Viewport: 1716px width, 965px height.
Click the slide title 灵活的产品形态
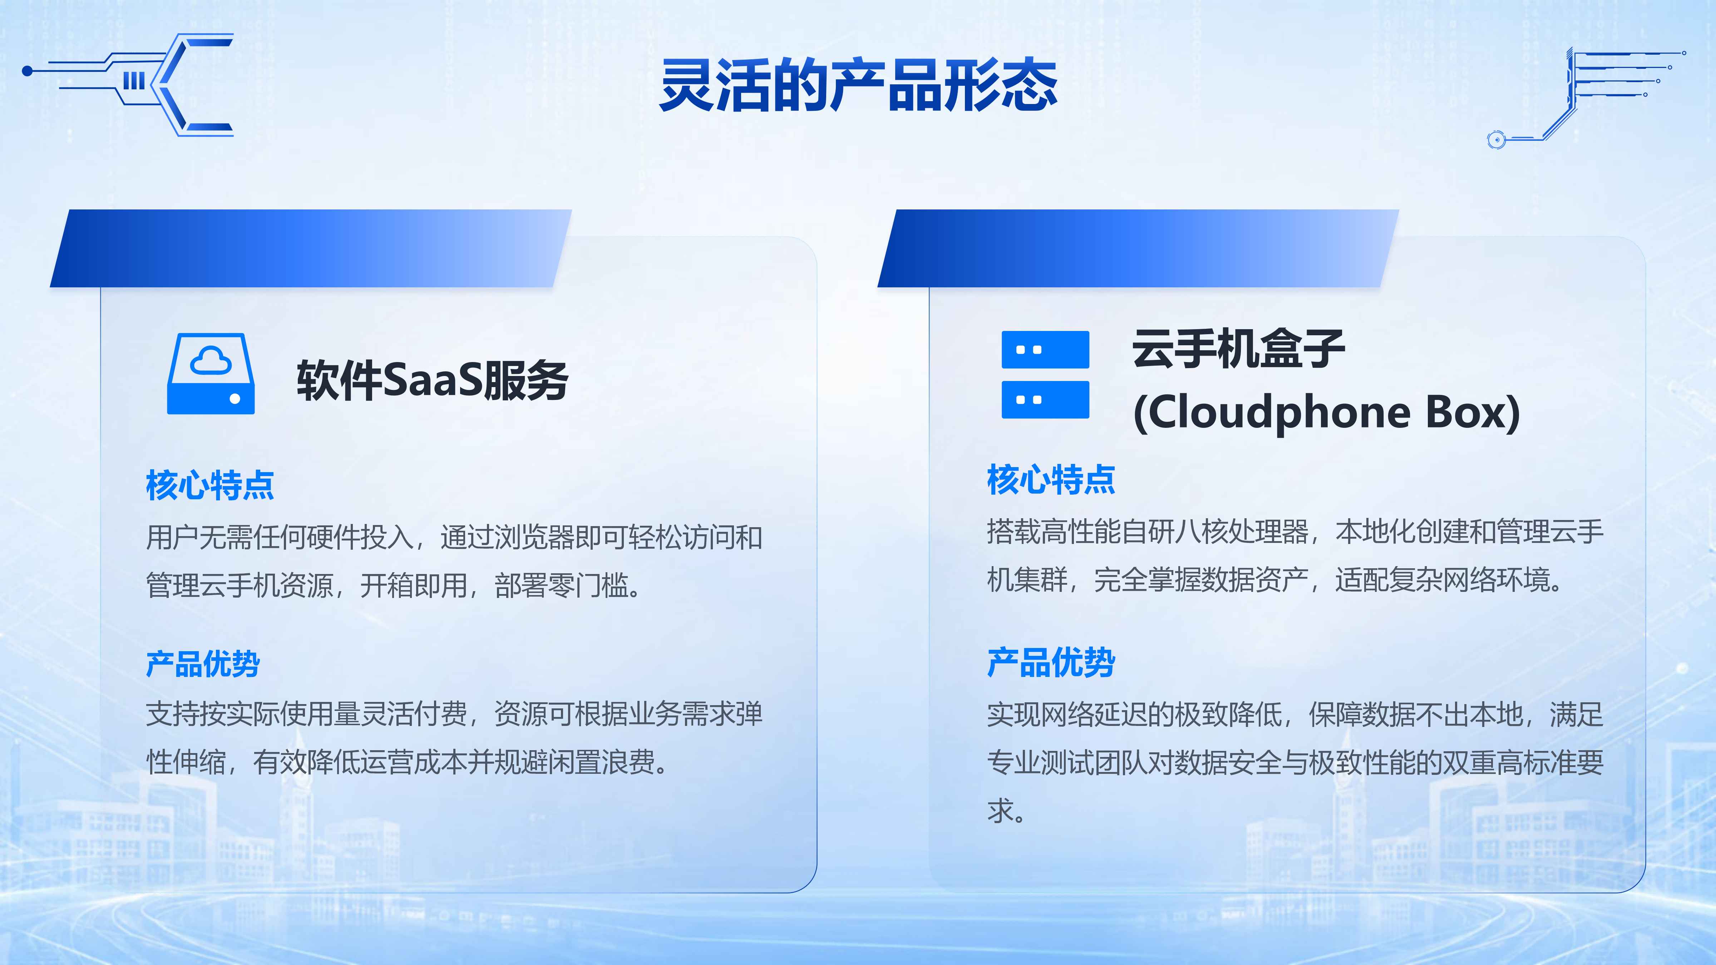point(858,85)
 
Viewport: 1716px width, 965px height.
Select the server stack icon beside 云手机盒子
point(1045,374)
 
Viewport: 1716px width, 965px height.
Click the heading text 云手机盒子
point(1238,349)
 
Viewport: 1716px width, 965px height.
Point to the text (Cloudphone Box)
point(1326,412)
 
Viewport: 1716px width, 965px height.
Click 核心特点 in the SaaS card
point(210,485)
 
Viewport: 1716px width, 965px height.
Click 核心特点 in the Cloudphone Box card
point(1051,480)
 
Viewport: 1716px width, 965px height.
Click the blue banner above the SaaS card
point(310,248)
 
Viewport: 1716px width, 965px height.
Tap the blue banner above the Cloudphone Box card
point(1138,248)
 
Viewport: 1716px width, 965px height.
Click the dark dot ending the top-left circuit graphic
point(27,71)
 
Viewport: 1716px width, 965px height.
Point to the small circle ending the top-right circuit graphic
point(1496,139)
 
